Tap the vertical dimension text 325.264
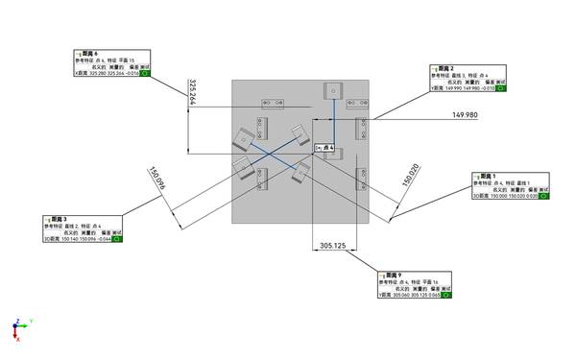coord(194,91)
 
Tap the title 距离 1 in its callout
coord(489,177)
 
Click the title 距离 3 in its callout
coord(58,219)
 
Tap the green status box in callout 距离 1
coord(543,196)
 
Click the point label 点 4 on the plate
coord(324,147)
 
